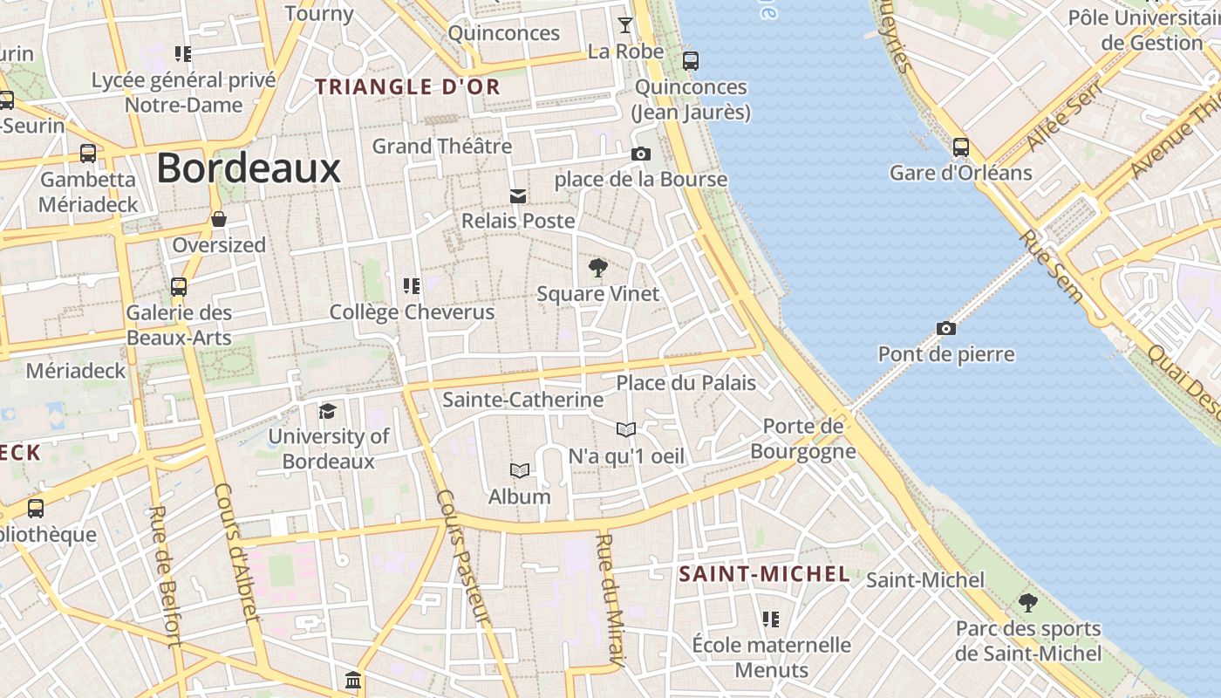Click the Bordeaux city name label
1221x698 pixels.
click(x=248, y=168)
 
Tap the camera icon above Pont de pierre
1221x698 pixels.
click(x=945, y=329)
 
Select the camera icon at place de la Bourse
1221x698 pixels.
click(x=640, y=154)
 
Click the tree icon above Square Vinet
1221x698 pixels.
click(x=597, y=268)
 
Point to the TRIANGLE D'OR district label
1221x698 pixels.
click(x=407, y=87)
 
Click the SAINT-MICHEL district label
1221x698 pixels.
click(x=764, y=574)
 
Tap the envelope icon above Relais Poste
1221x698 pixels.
click(x=518, y=195)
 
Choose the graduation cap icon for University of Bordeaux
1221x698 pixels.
click(x=327, y=411)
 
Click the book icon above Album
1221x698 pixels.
click(x=520, y=471)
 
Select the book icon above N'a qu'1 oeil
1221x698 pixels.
click(x=626, y=429)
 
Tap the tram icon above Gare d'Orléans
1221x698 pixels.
click(x=960, y=147)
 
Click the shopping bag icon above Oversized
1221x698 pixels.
click(x=218, y=219)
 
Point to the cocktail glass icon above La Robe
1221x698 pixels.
click(x=625, y=24)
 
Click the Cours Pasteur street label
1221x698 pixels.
click(x=463, y=557)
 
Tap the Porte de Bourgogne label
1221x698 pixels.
click(x=802, y=439)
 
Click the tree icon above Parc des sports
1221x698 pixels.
click(x=1028, y=602)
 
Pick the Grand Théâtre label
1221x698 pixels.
click(x=441, y=147)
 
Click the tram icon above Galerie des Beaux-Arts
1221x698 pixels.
click(x=179, y=286)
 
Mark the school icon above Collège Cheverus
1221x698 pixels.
click(x=411, y=285)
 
